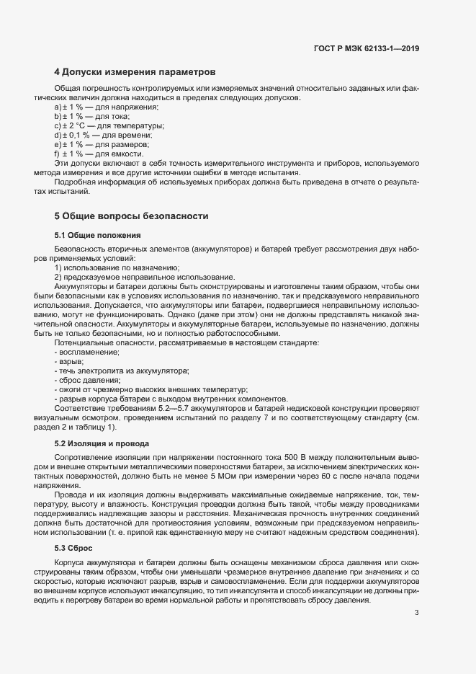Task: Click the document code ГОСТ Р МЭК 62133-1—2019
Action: [367, 49]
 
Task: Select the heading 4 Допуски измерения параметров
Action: [135, 73]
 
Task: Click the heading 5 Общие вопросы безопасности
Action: [131, 216]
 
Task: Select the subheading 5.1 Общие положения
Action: [97, 236]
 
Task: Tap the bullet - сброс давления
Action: [87, 380]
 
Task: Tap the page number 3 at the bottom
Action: [416, 593]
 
